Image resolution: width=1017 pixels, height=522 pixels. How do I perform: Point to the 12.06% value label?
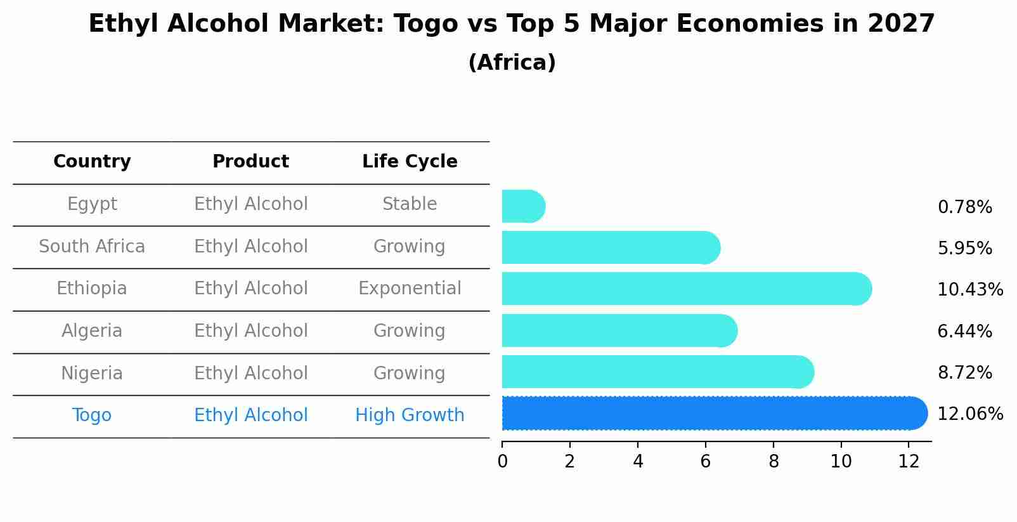pos(969,414)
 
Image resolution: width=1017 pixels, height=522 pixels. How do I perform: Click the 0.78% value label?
pos(964,207)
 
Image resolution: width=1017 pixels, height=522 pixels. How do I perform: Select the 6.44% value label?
pos(964,331)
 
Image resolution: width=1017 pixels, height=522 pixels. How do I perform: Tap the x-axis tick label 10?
pos(841,462)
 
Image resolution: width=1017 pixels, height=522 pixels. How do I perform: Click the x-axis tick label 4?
pos(638,462)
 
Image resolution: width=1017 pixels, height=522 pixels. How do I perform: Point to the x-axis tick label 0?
pos(502,462)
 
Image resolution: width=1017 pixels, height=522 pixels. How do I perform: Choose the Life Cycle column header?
pos(410,162)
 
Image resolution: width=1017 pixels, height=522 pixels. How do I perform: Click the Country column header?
pos(92,162)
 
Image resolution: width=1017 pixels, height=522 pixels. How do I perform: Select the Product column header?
pos(250,162)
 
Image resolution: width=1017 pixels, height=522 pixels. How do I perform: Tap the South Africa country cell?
pos(92,246)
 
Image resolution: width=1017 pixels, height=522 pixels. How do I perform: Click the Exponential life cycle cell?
pos(410,289)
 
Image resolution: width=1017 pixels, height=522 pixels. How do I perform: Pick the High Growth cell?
pos(410,415)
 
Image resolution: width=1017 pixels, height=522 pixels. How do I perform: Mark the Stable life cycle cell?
pos(410,204)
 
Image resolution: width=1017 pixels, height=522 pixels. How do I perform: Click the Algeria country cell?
pos(92,331)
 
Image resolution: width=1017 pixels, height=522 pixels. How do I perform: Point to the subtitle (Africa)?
pos(512,63)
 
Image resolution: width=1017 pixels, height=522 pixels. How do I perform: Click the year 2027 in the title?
pos(901,24)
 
